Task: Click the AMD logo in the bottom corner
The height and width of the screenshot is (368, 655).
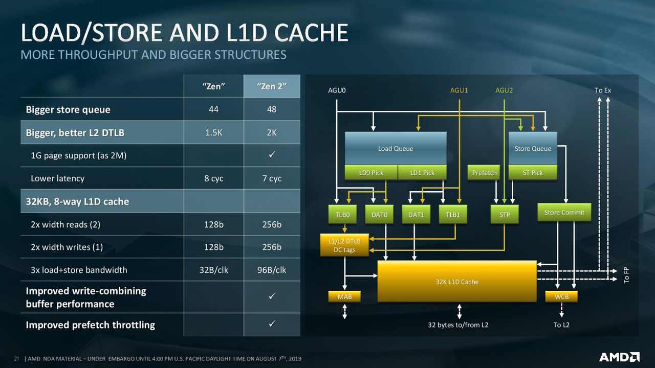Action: point(619,357)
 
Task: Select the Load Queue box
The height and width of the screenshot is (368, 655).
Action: point(396,148)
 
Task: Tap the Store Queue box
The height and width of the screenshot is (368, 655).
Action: point(533,148)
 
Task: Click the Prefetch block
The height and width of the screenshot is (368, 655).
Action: point(484,173)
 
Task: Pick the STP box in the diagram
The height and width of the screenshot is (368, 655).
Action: point(505,214)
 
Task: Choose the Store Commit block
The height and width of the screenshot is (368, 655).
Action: point(564,212)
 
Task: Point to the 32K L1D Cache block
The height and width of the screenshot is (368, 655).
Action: point(457,282)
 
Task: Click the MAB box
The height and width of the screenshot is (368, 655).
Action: point(344,297)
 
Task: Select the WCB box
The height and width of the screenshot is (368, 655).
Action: point(561,297)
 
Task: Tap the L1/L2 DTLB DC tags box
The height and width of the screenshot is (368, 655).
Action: point(344,245)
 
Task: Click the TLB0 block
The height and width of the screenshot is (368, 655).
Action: point(342,214)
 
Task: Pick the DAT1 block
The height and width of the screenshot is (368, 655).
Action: point(416,214)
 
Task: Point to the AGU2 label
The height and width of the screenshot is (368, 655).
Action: point(504,90)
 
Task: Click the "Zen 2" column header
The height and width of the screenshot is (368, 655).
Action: point(272,86)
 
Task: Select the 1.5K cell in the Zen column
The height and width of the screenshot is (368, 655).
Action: point(213,132)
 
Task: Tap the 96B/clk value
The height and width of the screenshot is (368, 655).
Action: point(272,270)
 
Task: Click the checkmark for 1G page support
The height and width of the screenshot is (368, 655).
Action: point(272,154)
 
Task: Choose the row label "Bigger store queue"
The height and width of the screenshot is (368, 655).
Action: point(68,109)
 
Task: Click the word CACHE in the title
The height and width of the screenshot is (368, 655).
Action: point(312,32)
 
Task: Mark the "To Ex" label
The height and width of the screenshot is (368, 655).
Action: point(603,90)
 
